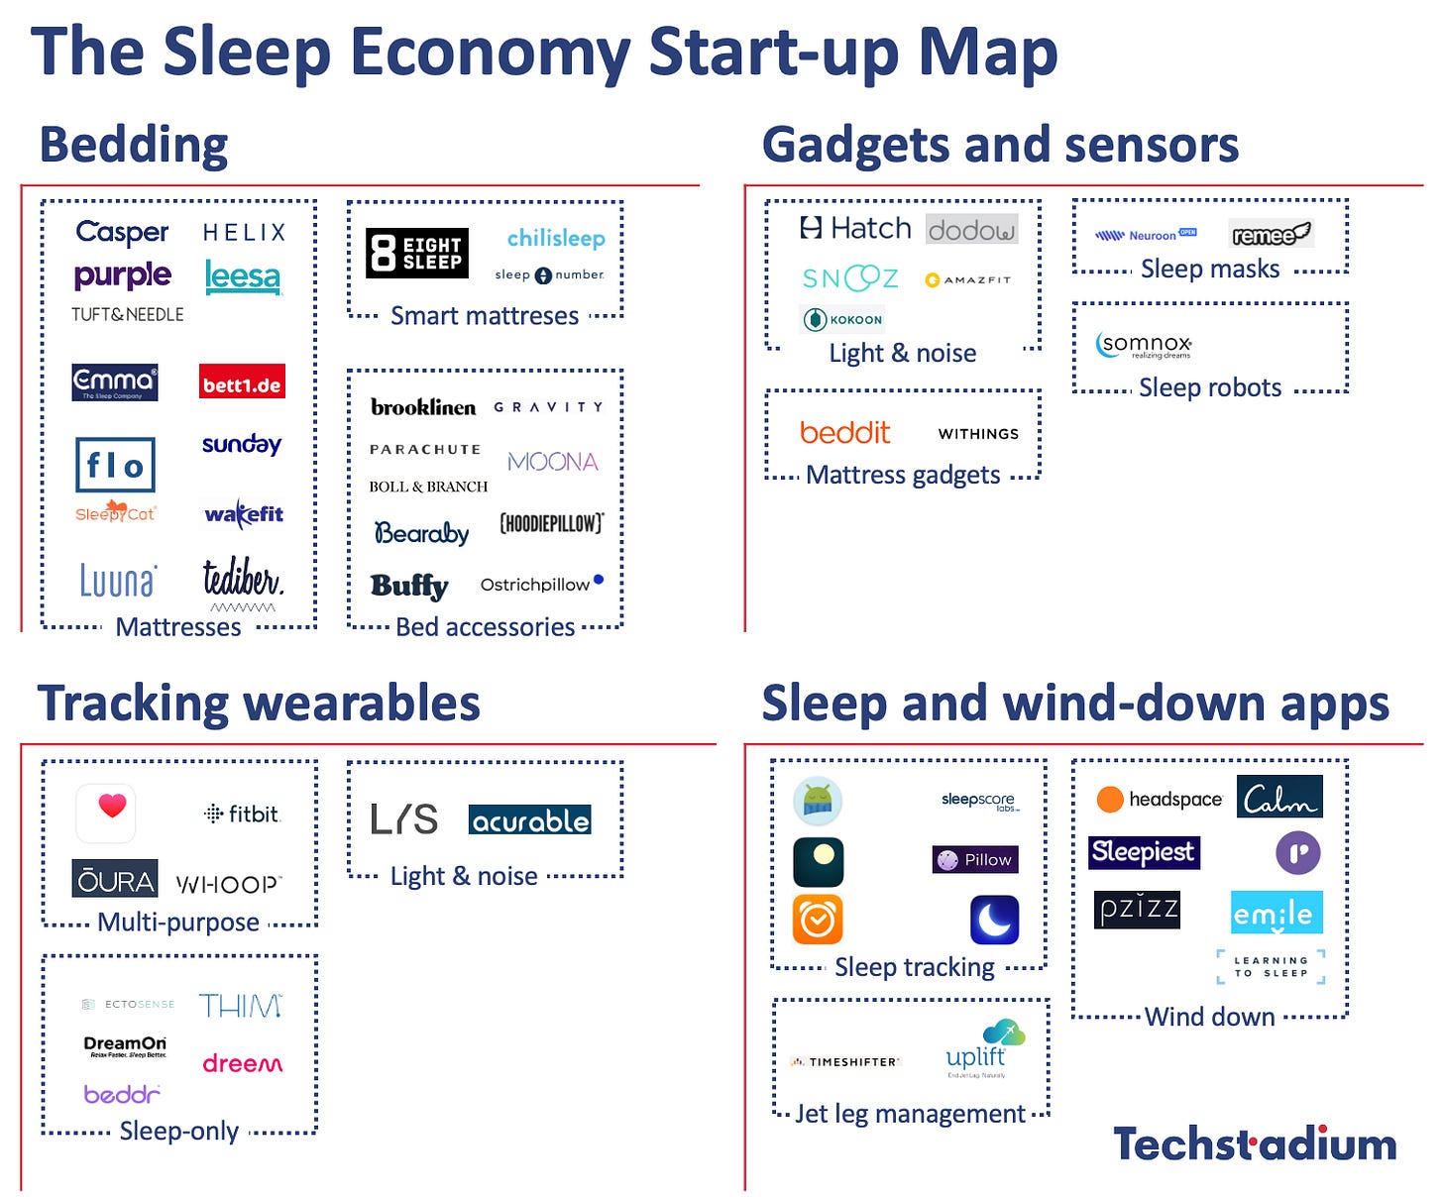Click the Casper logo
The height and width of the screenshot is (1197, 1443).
122,232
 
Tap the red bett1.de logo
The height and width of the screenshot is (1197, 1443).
242,383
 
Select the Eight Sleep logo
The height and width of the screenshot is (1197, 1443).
416,253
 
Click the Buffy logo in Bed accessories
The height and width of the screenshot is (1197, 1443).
409,586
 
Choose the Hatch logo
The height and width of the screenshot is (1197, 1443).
854,229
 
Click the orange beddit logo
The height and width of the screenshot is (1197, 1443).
844,433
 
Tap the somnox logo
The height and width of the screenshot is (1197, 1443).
1144,345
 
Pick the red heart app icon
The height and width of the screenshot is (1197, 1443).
106,812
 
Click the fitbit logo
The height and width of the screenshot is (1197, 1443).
243,815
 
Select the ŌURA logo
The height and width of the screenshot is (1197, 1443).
115,879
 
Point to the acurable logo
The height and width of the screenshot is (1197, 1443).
529,820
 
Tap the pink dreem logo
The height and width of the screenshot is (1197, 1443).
243,1064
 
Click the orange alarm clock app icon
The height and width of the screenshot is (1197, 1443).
818,920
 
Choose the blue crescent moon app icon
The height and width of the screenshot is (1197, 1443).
994,920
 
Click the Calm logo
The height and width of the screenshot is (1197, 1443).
1279,798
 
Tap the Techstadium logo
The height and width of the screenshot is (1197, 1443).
1255,1144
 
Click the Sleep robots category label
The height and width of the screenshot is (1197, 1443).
1210,387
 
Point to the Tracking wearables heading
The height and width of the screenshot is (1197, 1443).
259,704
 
